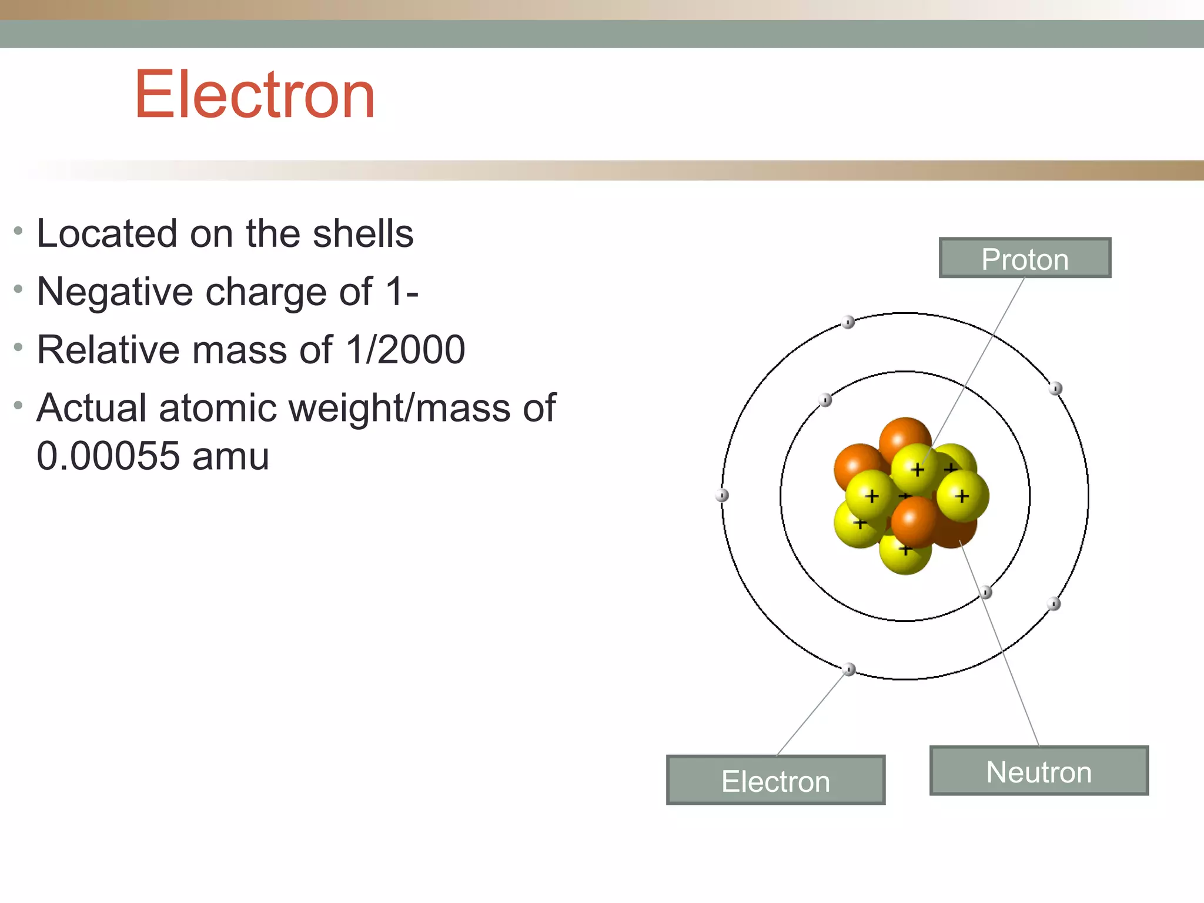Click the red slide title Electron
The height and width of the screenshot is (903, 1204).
(x=255, y=95)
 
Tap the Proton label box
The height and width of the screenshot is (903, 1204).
(x=1025, y=258)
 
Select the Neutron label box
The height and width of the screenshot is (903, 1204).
(x=1039, y=771)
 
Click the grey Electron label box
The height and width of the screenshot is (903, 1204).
(x=775, y=781)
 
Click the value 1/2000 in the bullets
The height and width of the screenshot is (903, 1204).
(x=406, y=350)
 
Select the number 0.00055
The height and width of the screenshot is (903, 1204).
(x=108, y=456)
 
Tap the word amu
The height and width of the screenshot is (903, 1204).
(x=230, y=456)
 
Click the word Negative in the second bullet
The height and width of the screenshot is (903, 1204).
(x=115, y=292)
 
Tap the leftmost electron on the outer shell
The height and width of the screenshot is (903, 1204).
(x=722, y=496)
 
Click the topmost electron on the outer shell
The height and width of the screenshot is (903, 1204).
(x=848, y=322)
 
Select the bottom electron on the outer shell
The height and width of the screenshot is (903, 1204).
(x=849, y=670)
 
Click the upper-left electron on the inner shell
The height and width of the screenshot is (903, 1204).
(x=825, y=400)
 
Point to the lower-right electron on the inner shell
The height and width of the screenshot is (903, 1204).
(x=986, y=592)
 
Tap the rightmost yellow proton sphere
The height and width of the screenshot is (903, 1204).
(x=963, y=496)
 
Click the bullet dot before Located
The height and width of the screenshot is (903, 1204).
(x=18, y=231)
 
